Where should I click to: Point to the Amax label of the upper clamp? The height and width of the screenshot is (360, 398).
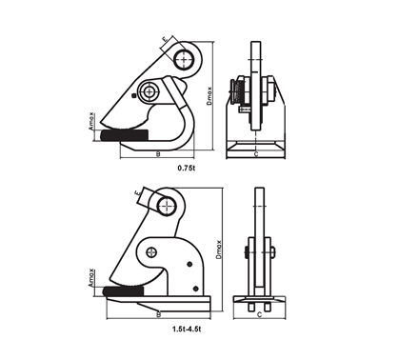92,121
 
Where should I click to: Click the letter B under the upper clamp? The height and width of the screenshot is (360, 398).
158,152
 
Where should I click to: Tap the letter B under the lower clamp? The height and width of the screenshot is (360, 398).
157,313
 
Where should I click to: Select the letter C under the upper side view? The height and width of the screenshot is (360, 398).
257,151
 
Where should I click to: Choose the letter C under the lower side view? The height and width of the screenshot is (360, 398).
258,313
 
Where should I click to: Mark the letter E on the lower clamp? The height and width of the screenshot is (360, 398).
140,195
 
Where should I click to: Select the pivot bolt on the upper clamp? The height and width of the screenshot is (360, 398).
150,92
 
